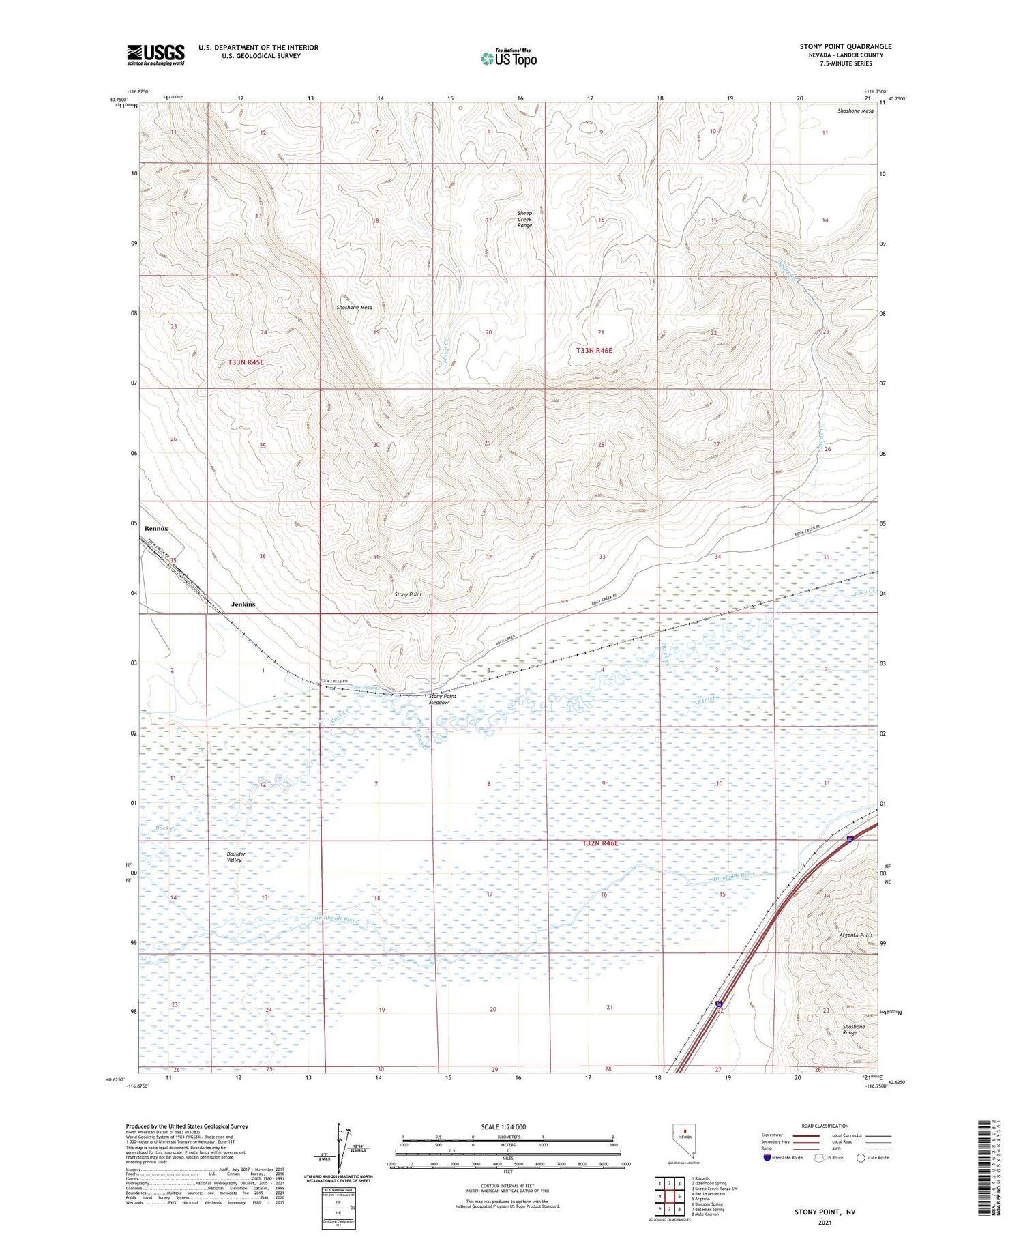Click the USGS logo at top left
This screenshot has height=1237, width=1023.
pyautogui.click(x=155, y=55)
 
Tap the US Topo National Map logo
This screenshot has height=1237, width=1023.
pyautogui.click(x=509, y=58)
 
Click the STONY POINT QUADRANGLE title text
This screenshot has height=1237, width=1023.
pyautogui.click(x=846, y=47)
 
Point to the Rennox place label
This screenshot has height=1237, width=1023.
pyautogui.click(x=156, y=529)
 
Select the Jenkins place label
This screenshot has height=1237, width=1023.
pyautogui.click(x=243, y=605)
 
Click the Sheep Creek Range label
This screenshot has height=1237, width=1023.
pyautogui.click(x=524, y=219)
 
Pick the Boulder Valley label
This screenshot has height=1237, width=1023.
pyautogui.click(x=236, y=857)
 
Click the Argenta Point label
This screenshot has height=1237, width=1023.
pyautogui.click(x=856, y=935)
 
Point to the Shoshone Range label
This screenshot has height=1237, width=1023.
pyautogui.click(x=853, y=1030)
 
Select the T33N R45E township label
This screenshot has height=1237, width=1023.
pyautogui.click(x=246, y=362)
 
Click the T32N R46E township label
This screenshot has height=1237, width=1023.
pyautogui.click(x=599, y=843)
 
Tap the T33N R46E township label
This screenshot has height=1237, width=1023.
pyautogui.click(x=594, y=350)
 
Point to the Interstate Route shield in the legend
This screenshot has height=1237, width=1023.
pyautogui.click(x=768, y=1158)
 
